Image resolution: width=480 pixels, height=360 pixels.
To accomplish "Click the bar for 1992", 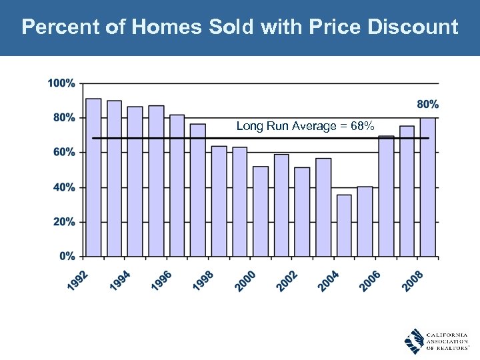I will coord(93,177).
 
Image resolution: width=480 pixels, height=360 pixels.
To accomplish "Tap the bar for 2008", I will coord(427,187).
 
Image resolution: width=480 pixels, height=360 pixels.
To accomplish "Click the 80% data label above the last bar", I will coord(427,104).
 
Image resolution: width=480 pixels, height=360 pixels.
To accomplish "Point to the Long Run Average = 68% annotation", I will coord(305,126).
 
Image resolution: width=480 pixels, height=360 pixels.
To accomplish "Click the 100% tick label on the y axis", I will coord(61,83).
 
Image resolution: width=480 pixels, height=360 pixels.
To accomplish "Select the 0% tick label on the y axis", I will coord(67,256).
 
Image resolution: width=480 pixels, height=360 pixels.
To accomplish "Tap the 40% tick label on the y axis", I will coord(64,187).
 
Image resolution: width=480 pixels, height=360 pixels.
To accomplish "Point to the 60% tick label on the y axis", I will coord(64,152).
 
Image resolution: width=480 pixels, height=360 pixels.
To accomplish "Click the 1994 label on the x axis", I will coord(120,280).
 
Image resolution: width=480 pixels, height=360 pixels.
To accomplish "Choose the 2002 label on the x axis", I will coord(287,280).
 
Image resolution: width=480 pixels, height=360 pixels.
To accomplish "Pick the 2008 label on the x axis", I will coord(413,280).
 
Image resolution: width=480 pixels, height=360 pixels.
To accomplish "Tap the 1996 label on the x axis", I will coord(162,280).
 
